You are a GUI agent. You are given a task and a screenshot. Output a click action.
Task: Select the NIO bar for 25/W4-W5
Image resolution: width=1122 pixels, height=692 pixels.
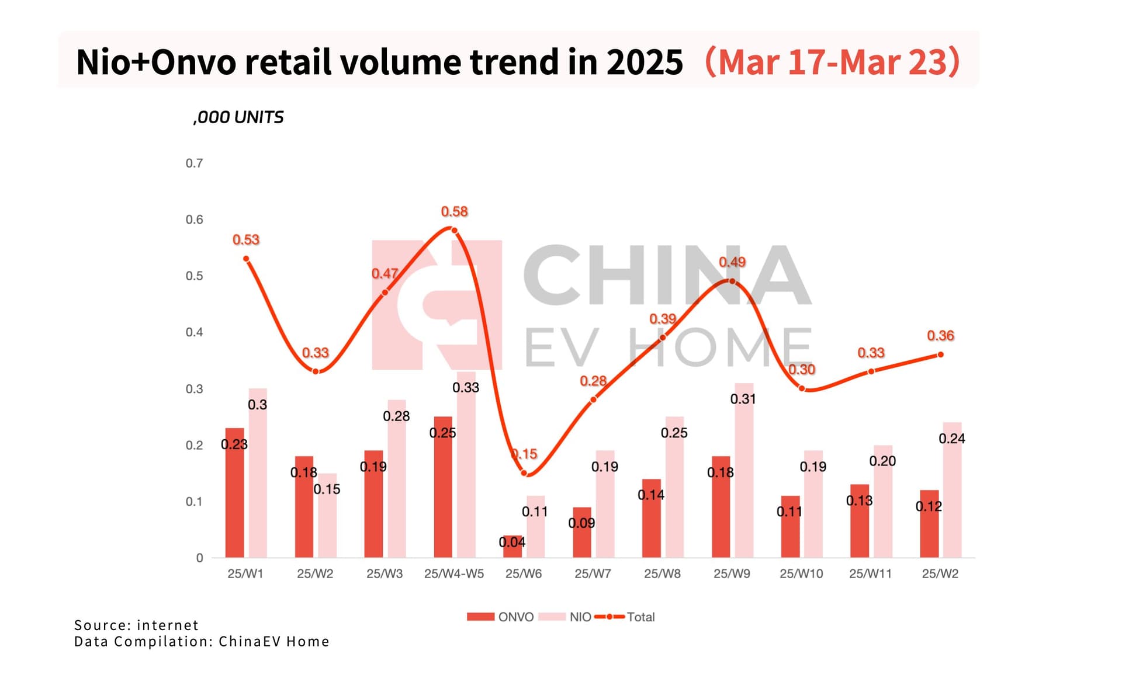tap(466, 467)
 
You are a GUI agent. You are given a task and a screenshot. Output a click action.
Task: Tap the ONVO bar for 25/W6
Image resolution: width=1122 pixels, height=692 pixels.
tap(512, 547)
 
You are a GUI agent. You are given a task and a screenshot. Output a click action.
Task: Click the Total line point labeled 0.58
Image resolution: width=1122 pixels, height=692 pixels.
tap(454, 230)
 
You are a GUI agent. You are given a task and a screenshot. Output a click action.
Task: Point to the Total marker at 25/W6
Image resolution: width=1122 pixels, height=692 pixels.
tap(524, 473)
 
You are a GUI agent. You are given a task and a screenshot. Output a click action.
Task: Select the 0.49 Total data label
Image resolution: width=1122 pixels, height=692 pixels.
tap(732, 262)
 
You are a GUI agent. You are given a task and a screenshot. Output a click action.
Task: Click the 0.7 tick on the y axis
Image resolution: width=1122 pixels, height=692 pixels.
tap(195, 164)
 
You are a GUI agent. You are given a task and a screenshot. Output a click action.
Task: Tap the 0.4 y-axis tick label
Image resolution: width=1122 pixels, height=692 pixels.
tap(195, 332)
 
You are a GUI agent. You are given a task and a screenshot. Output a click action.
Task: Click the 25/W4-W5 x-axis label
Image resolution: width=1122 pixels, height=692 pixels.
tap(454, 574)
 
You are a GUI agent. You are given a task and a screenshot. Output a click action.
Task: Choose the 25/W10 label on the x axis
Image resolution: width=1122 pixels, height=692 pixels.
tap(801, 574)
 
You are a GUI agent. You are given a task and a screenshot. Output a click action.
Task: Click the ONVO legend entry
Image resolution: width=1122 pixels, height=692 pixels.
tap(501, 617)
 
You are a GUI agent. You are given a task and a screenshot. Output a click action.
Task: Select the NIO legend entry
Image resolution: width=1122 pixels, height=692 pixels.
tap(565, 617)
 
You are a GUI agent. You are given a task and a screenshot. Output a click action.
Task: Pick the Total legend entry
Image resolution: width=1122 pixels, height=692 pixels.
tap(625, 617)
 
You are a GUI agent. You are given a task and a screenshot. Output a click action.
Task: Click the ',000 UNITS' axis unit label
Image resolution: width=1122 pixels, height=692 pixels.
tap(238, 117)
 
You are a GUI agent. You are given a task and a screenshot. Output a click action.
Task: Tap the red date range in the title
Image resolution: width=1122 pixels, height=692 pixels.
tap(833, 62)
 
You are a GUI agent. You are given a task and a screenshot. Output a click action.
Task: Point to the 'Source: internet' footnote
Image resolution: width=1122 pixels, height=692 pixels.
tap(136, 625)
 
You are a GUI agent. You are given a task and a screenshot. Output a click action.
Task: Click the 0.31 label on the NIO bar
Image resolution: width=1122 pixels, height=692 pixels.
tap(743, 399)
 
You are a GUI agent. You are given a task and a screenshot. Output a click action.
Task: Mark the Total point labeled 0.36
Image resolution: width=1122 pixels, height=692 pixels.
tap(940, 354)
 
